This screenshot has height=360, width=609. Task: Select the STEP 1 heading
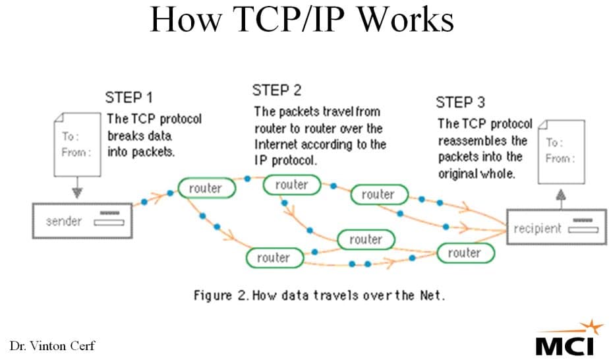pyautogui.click(x=129, y=98)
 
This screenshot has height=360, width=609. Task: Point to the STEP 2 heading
pyautogui.click(x=277, y=90)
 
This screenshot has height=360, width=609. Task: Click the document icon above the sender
pyautogui.click(x=77, y=144)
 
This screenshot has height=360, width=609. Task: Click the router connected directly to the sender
pyautogui.click(x=204, y=189)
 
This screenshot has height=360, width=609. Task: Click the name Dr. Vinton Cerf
pyautogui.click(x=52, y=345)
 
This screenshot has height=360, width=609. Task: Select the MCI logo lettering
pyautogui.click(x=564, y=344)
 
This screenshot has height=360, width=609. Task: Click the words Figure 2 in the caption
pyautogui.click(x=221, y=295)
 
